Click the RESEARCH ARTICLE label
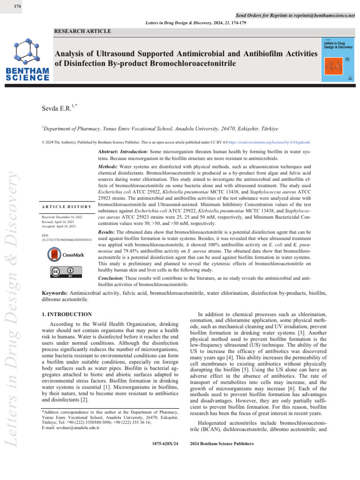click(83, 31)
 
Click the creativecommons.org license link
click(265, 142)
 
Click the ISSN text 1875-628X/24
click(165, 443)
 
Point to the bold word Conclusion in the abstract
click(113, 277)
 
